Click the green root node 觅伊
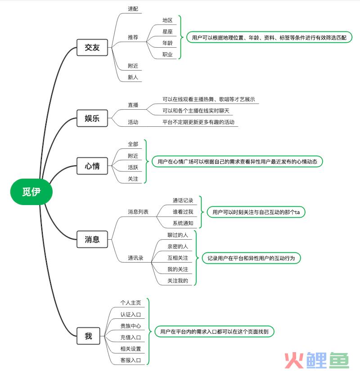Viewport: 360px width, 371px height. coord(31,192)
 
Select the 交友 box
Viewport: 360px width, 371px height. coord(92,48)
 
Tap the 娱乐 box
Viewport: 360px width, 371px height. coord(92,118)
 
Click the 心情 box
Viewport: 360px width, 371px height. coord(92,166)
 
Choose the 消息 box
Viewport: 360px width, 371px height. coord(92,239)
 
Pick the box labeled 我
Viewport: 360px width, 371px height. coord(88,336)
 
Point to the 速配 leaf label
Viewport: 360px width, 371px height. coord(133,9)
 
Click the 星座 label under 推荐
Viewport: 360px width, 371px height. coord(167,31)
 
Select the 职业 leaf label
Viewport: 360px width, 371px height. coord(167,54)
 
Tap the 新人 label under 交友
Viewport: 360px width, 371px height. coord(133,77)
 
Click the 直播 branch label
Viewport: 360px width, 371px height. coord(133,105)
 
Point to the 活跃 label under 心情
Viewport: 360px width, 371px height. coord(133,167)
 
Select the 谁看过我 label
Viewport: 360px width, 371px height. coord(183,212)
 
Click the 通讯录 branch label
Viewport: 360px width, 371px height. coord(135,258)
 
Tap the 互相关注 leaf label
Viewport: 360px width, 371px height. coord(178,258)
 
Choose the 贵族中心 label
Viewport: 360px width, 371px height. coord(130,326)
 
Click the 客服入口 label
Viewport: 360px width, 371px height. coord(130,360)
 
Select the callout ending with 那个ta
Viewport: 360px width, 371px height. coord(256,212)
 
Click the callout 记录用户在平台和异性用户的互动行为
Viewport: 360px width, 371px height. coord(251,258)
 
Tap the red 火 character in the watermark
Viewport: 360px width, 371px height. coord(294,360)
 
